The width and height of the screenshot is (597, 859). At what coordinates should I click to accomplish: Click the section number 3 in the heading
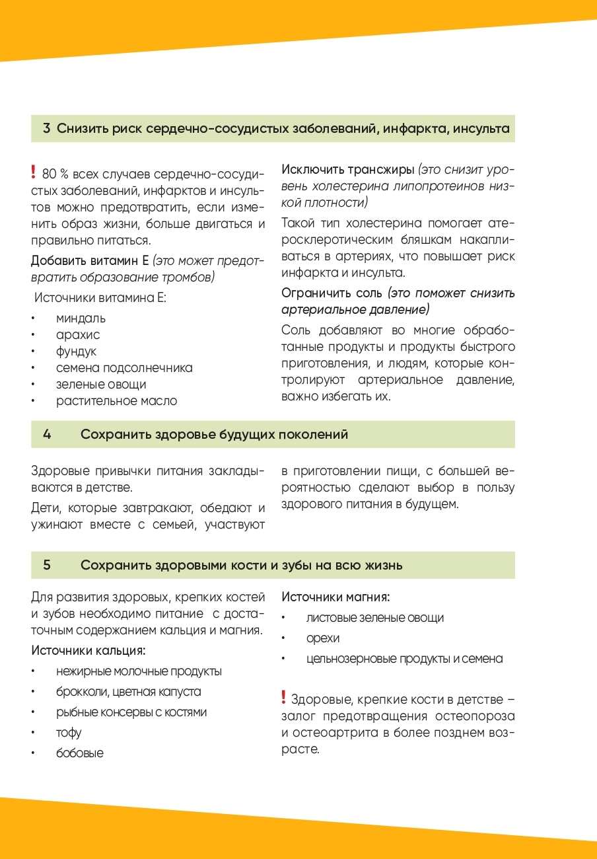47,129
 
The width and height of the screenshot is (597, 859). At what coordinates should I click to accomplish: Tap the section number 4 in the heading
47,435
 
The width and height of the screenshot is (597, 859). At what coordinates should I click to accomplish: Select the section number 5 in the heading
47,566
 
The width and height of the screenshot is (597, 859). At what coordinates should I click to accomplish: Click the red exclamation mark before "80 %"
34,173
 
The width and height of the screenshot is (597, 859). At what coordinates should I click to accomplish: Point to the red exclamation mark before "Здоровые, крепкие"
283,698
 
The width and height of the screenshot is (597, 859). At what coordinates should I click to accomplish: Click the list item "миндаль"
81,318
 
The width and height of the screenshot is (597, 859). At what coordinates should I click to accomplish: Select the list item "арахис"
78,335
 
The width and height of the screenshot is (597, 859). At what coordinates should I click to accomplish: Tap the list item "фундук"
76,352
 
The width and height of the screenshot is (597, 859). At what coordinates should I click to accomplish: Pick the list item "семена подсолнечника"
124,368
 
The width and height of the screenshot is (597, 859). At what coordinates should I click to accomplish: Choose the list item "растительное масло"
116,401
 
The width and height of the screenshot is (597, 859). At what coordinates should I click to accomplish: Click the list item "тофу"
69,733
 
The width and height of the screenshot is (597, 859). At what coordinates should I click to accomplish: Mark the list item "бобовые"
80,753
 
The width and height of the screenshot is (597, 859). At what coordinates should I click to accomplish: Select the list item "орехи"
323,638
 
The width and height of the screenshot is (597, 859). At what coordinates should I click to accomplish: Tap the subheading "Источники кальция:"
88,651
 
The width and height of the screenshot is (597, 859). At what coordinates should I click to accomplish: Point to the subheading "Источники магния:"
335,597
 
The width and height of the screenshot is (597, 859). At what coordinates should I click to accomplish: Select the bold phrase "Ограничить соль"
332,293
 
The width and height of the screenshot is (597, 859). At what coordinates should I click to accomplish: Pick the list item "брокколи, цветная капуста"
129,692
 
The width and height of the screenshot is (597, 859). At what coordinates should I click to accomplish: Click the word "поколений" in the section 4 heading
314,435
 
